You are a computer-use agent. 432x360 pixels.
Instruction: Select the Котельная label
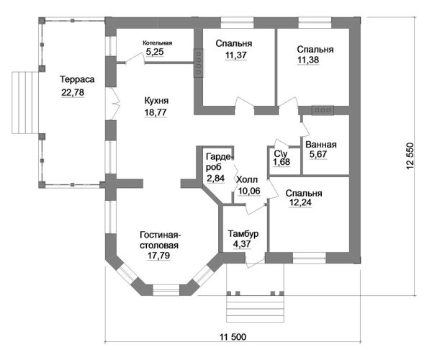pos(157,42)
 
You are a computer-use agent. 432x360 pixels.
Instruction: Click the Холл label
pos(246,179)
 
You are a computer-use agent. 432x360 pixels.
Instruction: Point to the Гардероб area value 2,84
pos(215,177)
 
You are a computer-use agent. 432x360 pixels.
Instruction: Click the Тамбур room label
pos(243,234)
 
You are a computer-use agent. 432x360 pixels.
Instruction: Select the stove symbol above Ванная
pos(322,110)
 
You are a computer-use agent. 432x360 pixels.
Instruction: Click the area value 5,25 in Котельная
pos(156,52)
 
